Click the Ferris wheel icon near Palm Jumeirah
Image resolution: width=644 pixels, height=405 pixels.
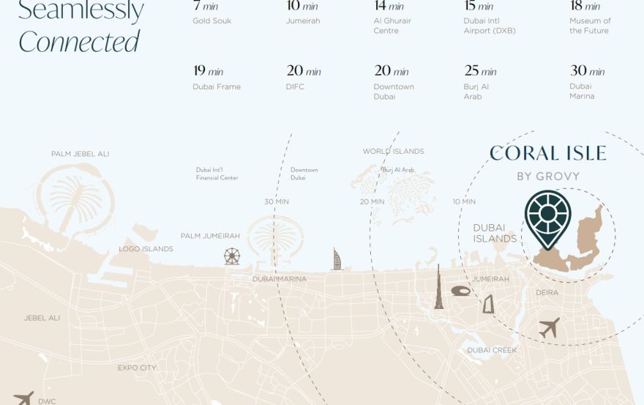(x=231, y=256)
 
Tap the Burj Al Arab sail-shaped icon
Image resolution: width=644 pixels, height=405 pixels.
(x=337, y=259)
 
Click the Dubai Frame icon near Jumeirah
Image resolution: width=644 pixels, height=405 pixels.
(x=488, y=304)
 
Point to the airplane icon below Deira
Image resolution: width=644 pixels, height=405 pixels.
(x=549, y=327)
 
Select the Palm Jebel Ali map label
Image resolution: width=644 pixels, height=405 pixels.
(x=80, y=154)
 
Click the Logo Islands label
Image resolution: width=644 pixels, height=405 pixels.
(x=146, y=249)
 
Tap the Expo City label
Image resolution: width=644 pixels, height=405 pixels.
(x=137, y=368)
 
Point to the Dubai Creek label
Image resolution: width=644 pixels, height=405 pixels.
(x=492, y=350)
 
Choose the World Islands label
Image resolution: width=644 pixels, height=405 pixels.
(x=393, y=152)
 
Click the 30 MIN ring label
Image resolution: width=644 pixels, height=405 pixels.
(x=277, y=201)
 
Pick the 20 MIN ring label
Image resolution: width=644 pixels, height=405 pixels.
(x=372, y=201)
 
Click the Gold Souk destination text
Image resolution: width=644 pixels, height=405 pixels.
(x=211, y=21)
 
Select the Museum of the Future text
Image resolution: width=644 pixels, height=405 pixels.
(x=590, y=26)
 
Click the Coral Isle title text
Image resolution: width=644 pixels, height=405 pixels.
(x=547, y=153)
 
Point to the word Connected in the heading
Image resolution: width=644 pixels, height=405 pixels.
(x=78, y=42)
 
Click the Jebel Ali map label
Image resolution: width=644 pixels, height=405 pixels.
(x=42, y=318)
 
